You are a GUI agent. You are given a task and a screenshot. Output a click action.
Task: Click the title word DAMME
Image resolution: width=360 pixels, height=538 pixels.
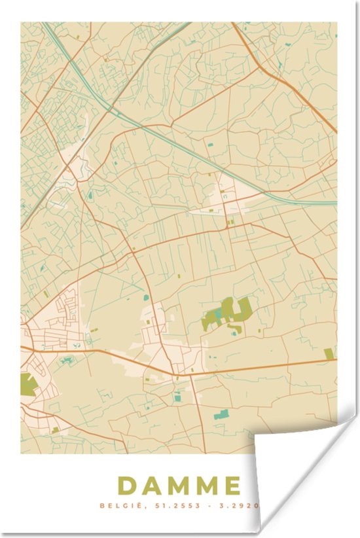pyautogui.click(x=179, y=486)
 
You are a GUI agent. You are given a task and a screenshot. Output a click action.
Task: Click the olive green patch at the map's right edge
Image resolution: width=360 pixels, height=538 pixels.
pyautogui.click(x=329, y=354)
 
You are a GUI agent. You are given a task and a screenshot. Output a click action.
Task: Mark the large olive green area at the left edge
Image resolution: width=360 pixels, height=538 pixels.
pyautogui.click(x=27, y=384)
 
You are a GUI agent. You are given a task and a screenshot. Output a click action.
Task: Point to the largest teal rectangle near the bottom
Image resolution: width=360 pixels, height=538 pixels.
pyautogui.click(x=221, y=414)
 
